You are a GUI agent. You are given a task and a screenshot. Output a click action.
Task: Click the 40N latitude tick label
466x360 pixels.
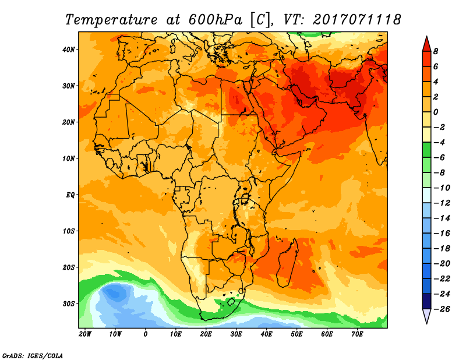click(x=68, y=50)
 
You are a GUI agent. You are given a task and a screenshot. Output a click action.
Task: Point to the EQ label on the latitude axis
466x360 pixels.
click(x=70, y=195)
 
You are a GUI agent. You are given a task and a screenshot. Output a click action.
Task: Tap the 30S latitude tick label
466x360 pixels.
click(x=68, y=304)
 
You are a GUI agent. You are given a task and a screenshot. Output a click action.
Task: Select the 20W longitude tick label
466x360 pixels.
click(x=85, y=334)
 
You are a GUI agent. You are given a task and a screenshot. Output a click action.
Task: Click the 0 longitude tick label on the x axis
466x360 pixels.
click(x=145, y=334)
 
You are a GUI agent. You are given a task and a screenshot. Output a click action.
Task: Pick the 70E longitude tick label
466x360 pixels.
click(x=357, y=334)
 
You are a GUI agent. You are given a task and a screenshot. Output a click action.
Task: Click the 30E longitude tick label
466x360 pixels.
click(x=236, y=334)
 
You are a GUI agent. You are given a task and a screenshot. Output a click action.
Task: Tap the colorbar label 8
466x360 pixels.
click(x=436, y=51)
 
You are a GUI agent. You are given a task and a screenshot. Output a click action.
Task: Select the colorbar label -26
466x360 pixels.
click(x=442, y=309)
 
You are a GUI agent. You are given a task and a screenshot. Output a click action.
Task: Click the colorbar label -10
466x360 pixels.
click(x=442, y=188)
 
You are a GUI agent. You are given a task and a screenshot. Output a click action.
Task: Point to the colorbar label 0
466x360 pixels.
click(x=436, y=112)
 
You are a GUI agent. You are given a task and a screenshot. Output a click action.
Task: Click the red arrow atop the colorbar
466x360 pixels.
click(x=426, y=44)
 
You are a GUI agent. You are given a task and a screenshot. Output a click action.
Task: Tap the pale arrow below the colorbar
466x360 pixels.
click(x=426, y=316)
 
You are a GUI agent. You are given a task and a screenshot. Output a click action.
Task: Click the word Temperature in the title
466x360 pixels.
click(x=111, y=20)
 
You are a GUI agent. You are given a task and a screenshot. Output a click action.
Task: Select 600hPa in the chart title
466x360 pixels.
click(x=215, y=20)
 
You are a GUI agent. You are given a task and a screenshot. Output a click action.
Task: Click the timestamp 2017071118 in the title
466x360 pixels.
click(x=357, y=20)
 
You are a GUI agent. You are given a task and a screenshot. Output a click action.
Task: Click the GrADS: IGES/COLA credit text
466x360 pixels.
click(x=33, y=355)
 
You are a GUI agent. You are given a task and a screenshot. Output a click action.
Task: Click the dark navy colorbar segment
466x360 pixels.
click(x=426, y=301)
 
